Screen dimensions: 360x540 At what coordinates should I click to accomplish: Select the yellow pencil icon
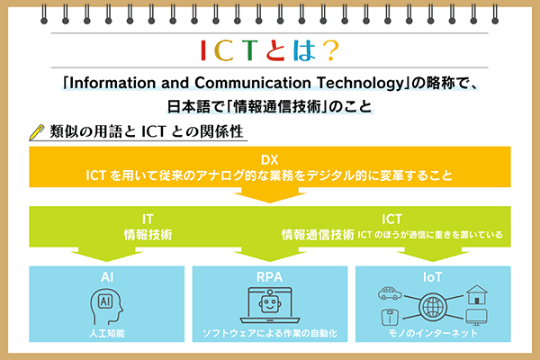pos(37,131)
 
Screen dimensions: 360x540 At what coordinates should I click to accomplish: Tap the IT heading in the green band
pos(148,219)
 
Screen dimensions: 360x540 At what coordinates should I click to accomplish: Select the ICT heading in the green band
pos(392,219)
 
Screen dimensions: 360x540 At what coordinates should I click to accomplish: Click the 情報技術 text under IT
pos(148,235)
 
